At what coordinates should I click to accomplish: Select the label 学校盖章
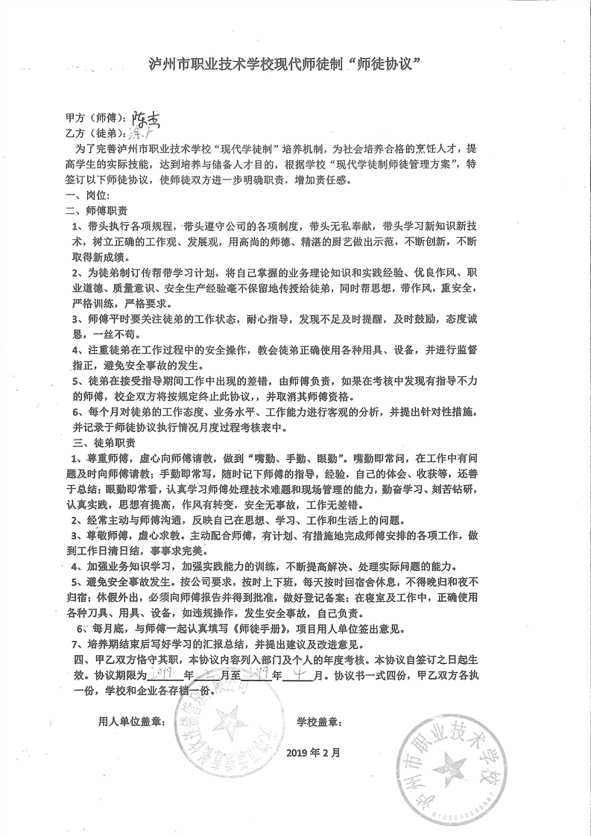click(x=320, y=722)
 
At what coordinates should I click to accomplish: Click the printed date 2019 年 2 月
click(x=313, y=752)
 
